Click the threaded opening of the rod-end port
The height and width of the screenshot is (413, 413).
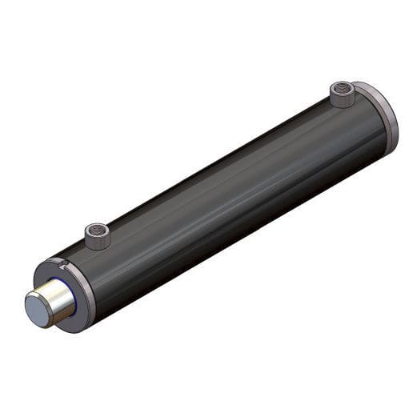(98, 231)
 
